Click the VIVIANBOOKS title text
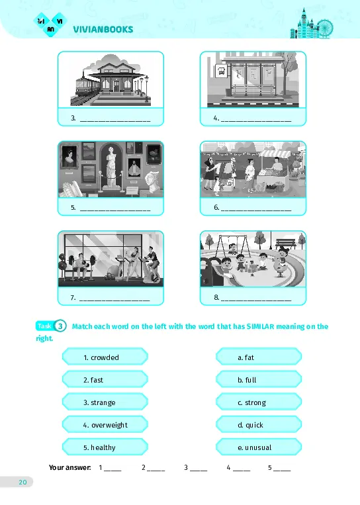coord(103,29)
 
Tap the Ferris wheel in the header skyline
coord(324,28)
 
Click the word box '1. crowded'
coord(105,357)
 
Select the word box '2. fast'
coord(105,379)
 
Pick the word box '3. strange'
coord(105,402)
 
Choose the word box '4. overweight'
coord(105,424)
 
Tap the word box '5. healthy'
coord(105,447)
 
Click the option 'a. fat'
coord(259,357)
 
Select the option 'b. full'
coord(259,379)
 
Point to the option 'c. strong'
coord(259,402)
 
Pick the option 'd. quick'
coord(259,424)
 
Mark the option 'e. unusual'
coord(259,447)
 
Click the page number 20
coord(22,482)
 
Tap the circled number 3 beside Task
coord(60,326)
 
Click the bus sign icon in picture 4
coord(221,71)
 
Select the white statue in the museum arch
coord(111,167)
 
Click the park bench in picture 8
coord(286,244)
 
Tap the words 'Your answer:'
coord(69,467)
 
